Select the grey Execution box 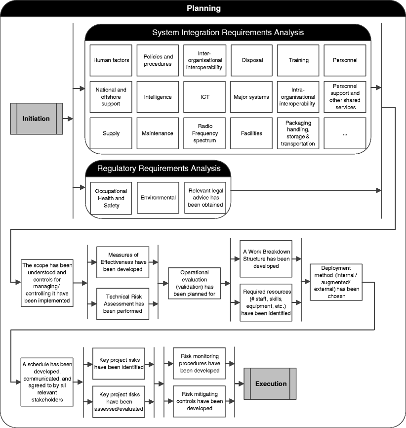271,384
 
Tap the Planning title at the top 203,8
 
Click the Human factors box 111,60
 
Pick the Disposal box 252,60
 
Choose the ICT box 204,97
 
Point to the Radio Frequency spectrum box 204,133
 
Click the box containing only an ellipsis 345,133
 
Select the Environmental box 158,198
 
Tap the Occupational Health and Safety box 111,198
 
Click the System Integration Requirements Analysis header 228,33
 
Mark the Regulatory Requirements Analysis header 159,169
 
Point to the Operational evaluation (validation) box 195,283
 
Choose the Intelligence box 158,97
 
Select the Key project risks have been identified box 119,363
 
